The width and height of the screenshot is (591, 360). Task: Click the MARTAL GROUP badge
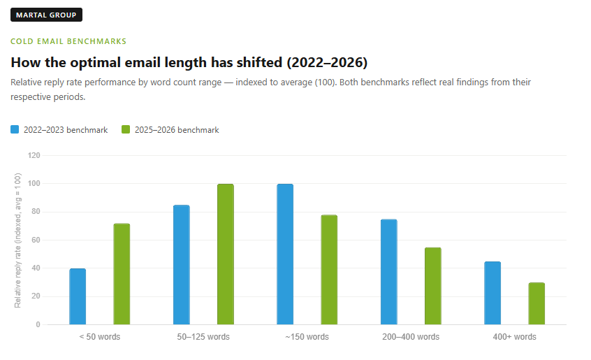(x=47, y=15)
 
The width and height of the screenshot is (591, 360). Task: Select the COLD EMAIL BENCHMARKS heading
(x=68, y=42)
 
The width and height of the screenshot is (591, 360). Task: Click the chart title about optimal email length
(x=189, y=62)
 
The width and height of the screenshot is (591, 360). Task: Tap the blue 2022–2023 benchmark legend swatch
(x=15, y=129)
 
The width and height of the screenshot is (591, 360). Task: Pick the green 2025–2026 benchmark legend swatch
(x=126, y=129)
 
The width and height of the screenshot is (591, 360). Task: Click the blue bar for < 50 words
(x=78, y=296)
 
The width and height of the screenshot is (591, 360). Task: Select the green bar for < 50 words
(x=122, y=274)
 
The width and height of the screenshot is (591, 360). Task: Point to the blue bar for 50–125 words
(x=181, y=265)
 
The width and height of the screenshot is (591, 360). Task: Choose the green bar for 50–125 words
(x=225, y=254)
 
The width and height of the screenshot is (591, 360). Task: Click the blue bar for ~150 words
(x=285, y=254)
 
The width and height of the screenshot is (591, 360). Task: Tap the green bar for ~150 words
(x=329, y=270)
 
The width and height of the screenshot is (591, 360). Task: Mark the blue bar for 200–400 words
(x=388, y=272)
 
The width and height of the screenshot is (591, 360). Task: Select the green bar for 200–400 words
(x=432, y=286)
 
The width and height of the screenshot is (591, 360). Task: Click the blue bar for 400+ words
(x=492, y=293)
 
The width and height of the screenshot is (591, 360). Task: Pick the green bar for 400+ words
(x=537, y=303)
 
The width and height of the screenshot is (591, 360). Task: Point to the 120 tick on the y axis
(x=34, y=155)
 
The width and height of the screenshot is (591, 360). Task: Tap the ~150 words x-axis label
(x=307, y=337)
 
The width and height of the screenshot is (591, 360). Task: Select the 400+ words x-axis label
(x=514, y=337)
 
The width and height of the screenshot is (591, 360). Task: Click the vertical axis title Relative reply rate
(x=18, y=240)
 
